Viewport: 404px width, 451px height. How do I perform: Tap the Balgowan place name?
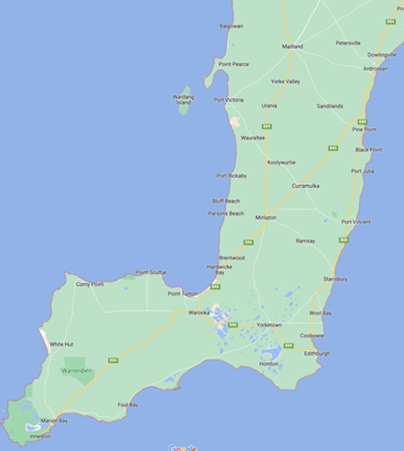[x=232, y=26]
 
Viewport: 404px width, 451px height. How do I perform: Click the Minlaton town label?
[x=266, y=218]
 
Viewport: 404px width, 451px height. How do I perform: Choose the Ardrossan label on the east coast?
[x=375, y=68]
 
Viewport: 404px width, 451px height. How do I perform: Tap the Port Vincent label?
[x=356, y=221]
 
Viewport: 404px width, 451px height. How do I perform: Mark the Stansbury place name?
[x=335, y=278]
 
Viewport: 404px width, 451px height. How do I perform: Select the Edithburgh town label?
[x=317, y=353]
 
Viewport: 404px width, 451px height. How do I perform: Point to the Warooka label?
[x=200, y=313]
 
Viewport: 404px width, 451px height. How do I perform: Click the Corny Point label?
[x=90, y=284]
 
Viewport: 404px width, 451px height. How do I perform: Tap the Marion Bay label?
[x=54, y=420]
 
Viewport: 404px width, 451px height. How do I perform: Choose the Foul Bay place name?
[x=127, y=404]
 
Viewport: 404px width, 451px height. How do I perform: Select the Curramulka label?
[x=306, y=185]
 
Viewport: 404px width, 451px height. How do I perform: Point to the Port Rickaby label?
[x=232, y=175]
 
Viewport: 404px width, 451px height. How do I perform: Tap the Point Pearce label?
[x=233, y=64]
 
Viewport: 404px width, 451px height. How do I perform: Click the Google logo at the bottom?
[x=183, y=447]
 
